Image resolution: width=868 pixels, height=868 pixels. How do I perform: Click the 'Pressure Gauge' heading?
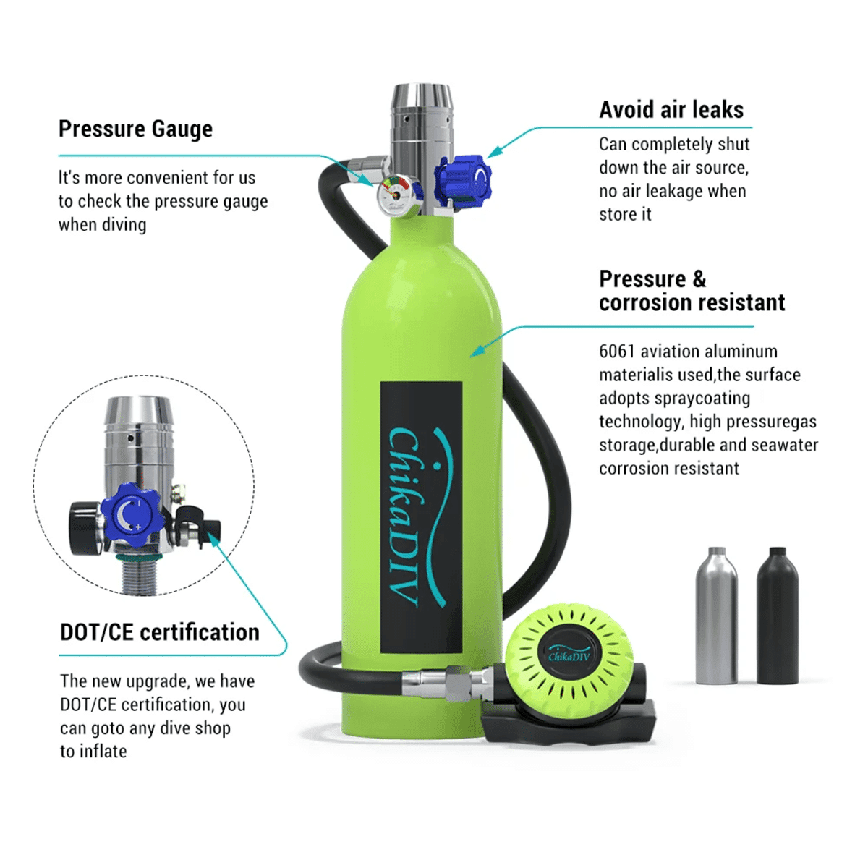tap(135, 129)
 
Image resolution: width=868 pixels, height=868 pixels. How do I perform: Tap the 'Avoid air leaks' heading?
tap(671, 110)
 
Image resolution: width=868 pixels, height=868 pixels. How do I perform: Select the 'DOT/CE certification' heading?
tap(160, 633)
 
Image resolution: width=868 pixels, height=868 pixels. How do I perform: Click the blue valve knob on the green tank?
tap(464, 179)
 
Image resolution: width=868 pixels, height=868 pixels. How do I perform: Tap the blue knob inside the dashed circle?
tap(132, 514)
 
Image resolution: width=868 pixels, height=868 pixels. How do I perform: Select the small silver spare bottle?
tap(716, 616)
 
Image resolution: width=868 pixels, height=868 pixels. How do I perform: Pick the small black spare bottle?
tap(777, 616)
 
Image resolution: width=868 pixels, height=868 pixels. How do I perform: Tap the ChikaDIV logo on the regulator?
tap(569, 655)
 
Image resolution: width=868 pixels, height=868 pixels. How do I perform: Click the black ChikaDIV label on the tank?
tap(421, 517)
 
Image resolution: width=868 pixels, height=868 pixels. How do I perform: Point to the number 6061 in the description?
tap(617, 352)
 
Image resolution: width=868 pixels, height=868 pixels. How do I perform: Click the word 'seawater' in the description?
tap(785, 445)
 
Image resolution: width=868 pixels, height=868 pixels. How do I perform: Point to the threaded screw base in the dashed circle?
tap(140, 576)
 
